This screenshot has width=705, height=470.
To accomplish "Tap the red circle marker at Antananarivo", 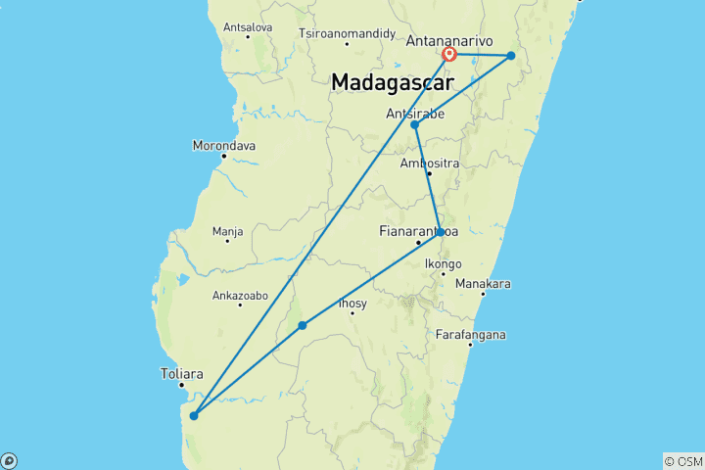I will (x=449, y=55).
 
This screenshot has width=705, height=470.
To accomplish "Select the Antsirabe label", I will (x=416, y=114).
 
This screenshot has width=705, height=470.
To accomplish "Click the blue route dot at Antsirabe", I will (x=415, y=125).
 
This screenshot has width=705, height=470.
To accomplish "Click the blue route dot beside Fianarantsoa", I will (x=441, y=232).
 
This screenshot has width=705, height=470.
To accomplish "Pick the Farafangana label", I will (x=472, y=335).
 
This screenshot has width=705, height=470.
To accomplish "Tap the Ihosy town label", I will (x=352, y=304).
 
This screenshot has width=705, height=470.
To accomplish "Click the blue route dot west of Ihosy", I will (x=303, y=325).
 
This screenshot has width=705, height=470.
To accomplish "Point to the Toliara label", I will (x=181, y=373).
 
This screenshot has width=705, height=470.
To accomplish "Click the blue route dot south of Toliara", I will (x=194, y=415).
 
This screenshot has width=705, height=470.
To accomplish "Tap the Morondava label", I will (x=224, y=146).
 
